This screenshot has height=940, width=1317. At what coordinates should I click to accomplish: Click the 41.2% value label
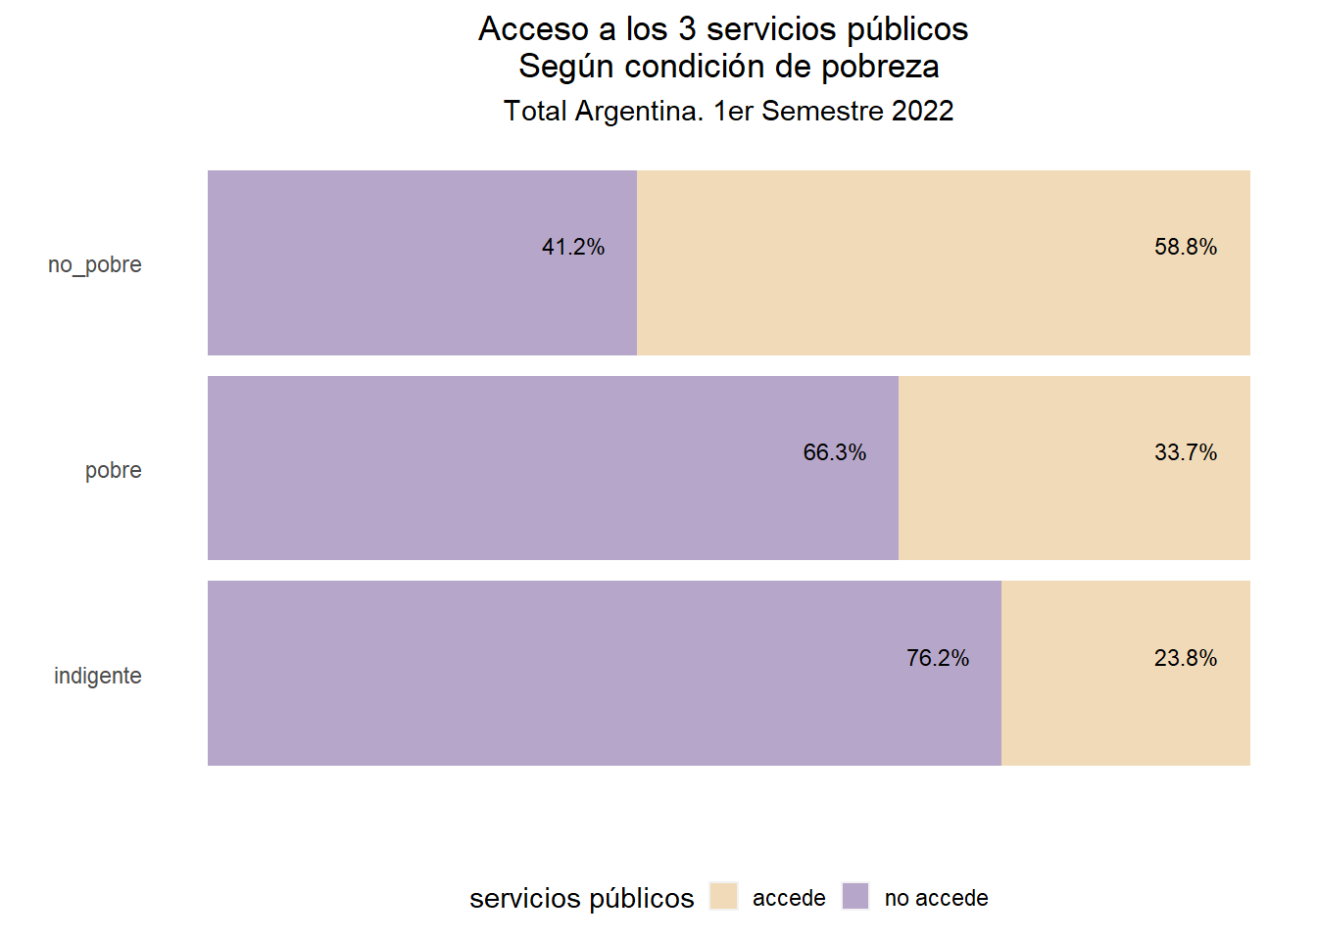point(573,247)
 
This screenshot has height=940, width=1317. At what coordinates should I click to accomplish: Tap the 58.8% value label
point(1186,247)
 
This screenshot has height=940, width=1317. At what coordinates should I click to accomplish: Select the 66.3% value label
point(835,452)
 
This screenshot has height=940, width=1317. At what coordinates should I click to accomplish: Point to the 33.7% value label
point(1186,452)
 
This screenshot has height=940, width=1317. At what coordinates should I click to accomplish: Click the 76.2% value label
point(938,658)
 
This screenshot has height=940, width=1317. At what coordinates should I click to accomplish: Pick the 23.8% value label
point(1186,658)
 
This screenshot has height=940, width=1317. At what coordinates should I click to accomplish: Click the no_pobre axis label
point(95,264)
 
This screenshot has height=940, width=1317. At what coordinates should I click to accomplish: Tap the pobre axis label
point(114,470)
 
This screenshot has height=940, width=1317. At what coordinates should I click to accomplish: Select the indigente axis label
point(98,676)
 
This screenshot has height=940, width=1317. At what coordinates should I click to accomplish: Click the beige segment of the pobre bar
point(1058,509)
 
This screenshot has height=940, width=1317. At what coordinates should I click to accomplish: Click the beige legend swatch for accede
point(723,896)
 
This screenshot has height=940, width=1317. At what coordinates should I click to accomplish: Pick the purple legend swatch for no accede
point(855,896)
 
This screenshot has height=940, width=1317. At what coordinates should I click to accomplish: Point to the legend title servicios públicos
point(581,898)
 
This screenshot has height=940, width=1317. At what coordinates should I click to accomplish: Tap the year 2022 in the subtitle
point(922,111)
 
